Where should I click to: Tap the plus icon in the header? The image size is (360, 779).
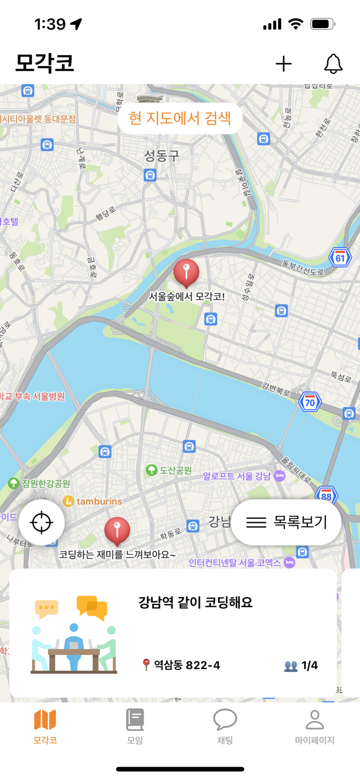click(284, 64)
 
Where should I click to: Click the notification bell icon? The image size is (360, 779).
click(334, 64)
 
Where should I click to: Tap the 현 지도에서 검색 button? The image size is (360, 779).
click(180, 118)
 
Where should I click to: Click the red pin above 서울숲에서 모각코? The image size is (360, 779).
click(186, 272)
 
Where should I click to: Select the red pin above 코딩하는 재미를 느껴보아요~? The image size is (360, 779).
click(117, 530)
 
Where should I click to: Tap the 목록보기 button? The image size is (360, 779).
click(286, 522)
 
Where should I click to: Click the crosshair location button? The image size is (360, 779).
click(42, 522)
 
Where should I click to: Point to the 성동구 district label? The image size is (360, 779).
click(162, 155)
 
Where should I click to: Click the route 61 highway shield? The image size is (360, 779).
click(340, 257)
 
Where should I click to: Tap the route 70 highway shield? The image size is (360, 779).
click(310, 401)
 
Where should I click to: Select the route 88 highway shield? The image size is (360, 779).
click(326, 495)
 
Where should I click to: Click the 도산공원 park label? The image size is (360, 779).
click(169, 471)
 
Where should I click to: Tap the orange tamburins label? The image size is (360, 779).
click(93, 501)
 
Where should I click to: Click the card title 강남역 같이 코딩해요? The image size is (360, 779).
click(195, 603)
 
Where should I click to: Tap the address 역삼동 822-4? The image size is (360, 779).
click(181, 665)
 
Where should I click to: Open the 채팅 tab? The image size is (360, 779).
click(225, 727)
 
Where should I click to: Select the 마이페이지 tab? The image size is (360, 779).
click(314, 727)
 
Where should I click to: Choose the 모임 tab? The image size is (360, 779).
click(135, 727)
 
